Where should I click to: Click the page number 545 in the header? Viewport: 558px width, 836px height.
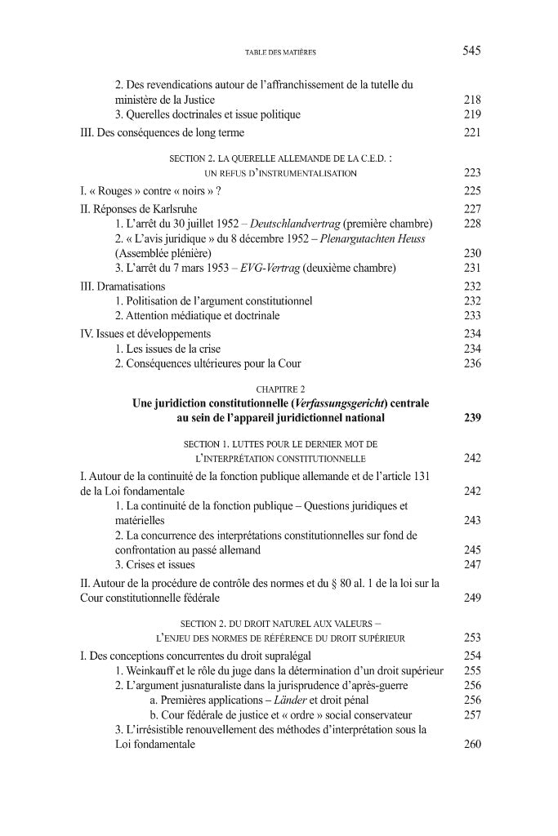point(471,51)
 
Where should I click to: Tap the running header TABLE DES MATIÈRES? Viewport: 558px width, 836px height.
point(280,52)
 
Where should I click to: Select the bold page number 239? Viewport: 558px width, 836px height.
point(471,418)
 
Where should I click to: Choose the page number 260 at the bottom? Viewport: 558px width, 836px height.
point(471,744)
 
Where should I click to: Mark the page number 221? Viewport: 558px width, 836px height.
point(471,132)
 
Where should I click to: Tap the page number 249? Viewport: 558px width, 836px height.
point(471,598)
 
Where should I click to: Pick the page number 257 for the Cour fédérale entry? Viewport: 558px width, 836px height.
point(471,714)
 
